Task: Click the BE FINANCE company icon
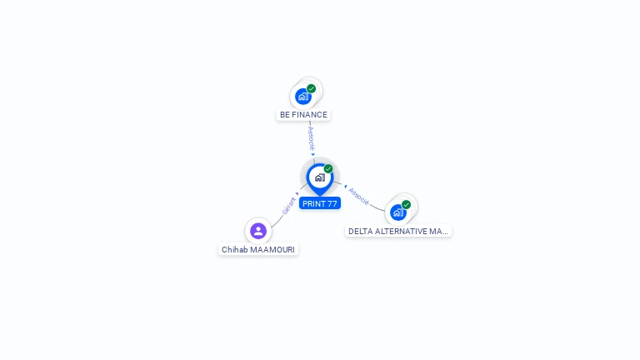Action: pyautogui.click(x=303, y=96)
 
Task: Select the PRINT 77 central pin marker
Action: pyautogui.click(x=319, y=177)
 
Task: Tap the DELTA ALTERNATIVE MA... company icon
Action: pyautogui.click(x=398, y=212)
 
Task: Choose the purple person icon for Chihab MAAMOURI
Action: pyautogui.click(x=258, y=231)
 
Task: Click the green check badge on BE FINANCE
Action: pyautogui.click(x=312, y=88)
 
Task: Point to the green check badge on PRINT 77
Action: pyautogui.click(x=328, y=168)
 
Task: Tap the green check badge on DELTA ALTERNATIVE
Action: pyautogui.click(x=407, y=204)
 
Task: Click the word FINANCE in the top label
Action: pyautogui.click(x=310, y=115)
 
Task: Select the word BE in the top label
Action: pyautogui.click(x=285, y=115)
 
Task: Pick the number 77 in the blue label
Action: pyautogui.click(x=332, y=203)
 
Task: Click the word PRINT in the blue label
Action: pyautogui.click(x=313, y=203)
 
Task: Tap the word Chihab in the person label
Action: pyautogui.click(x=235, y=249)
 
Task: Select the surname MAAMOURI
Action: pyautogui.click(x=272, y=249)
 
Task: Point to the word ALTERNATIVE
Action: pyautogui.click(x=403, y=232)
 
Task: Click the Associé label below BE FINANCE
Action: pyautogui.click(x=311, y=137)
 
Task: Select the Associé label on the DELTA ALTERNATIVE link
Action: pyautogui.click(x=359, y=196)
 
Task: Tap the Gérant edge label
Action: pyautogui.click(x=288, y=205)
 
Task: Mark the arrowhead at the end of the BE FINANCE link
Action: pyautogui.click(x=313, y=154)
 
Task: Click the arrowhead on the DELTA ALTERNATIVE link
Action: pyautogui.click(x=345, y=186)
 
